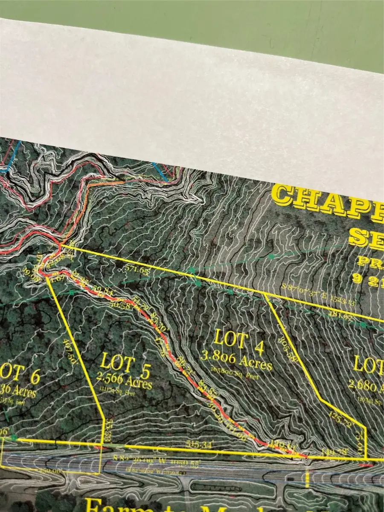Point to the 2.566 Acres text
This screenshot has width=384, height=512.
click(x=124, y=381)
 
